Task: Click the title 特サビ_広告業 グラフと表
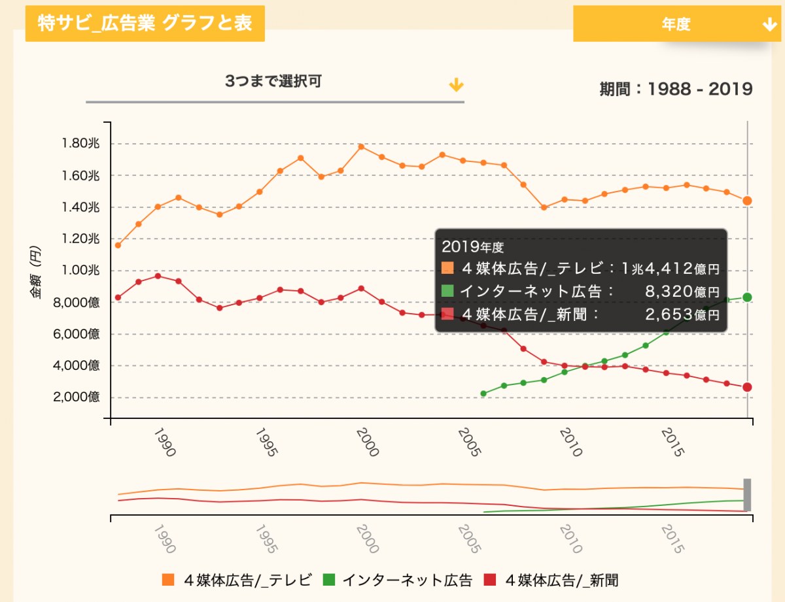[145, 24]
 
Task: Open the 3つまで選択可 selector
[275, 83]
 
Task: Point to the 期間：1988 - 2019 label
[676, 89]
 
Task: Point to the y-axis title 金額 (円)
[35, 271]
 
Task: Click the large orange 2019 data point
[747, 201]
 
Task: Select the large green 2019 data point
[747, 297]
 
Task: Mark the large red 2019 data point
[747, 387]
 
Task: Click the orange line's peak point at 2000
[361, 146]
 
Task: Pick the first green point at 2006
[483, 393]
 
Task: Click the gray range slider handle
[747, 495]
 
